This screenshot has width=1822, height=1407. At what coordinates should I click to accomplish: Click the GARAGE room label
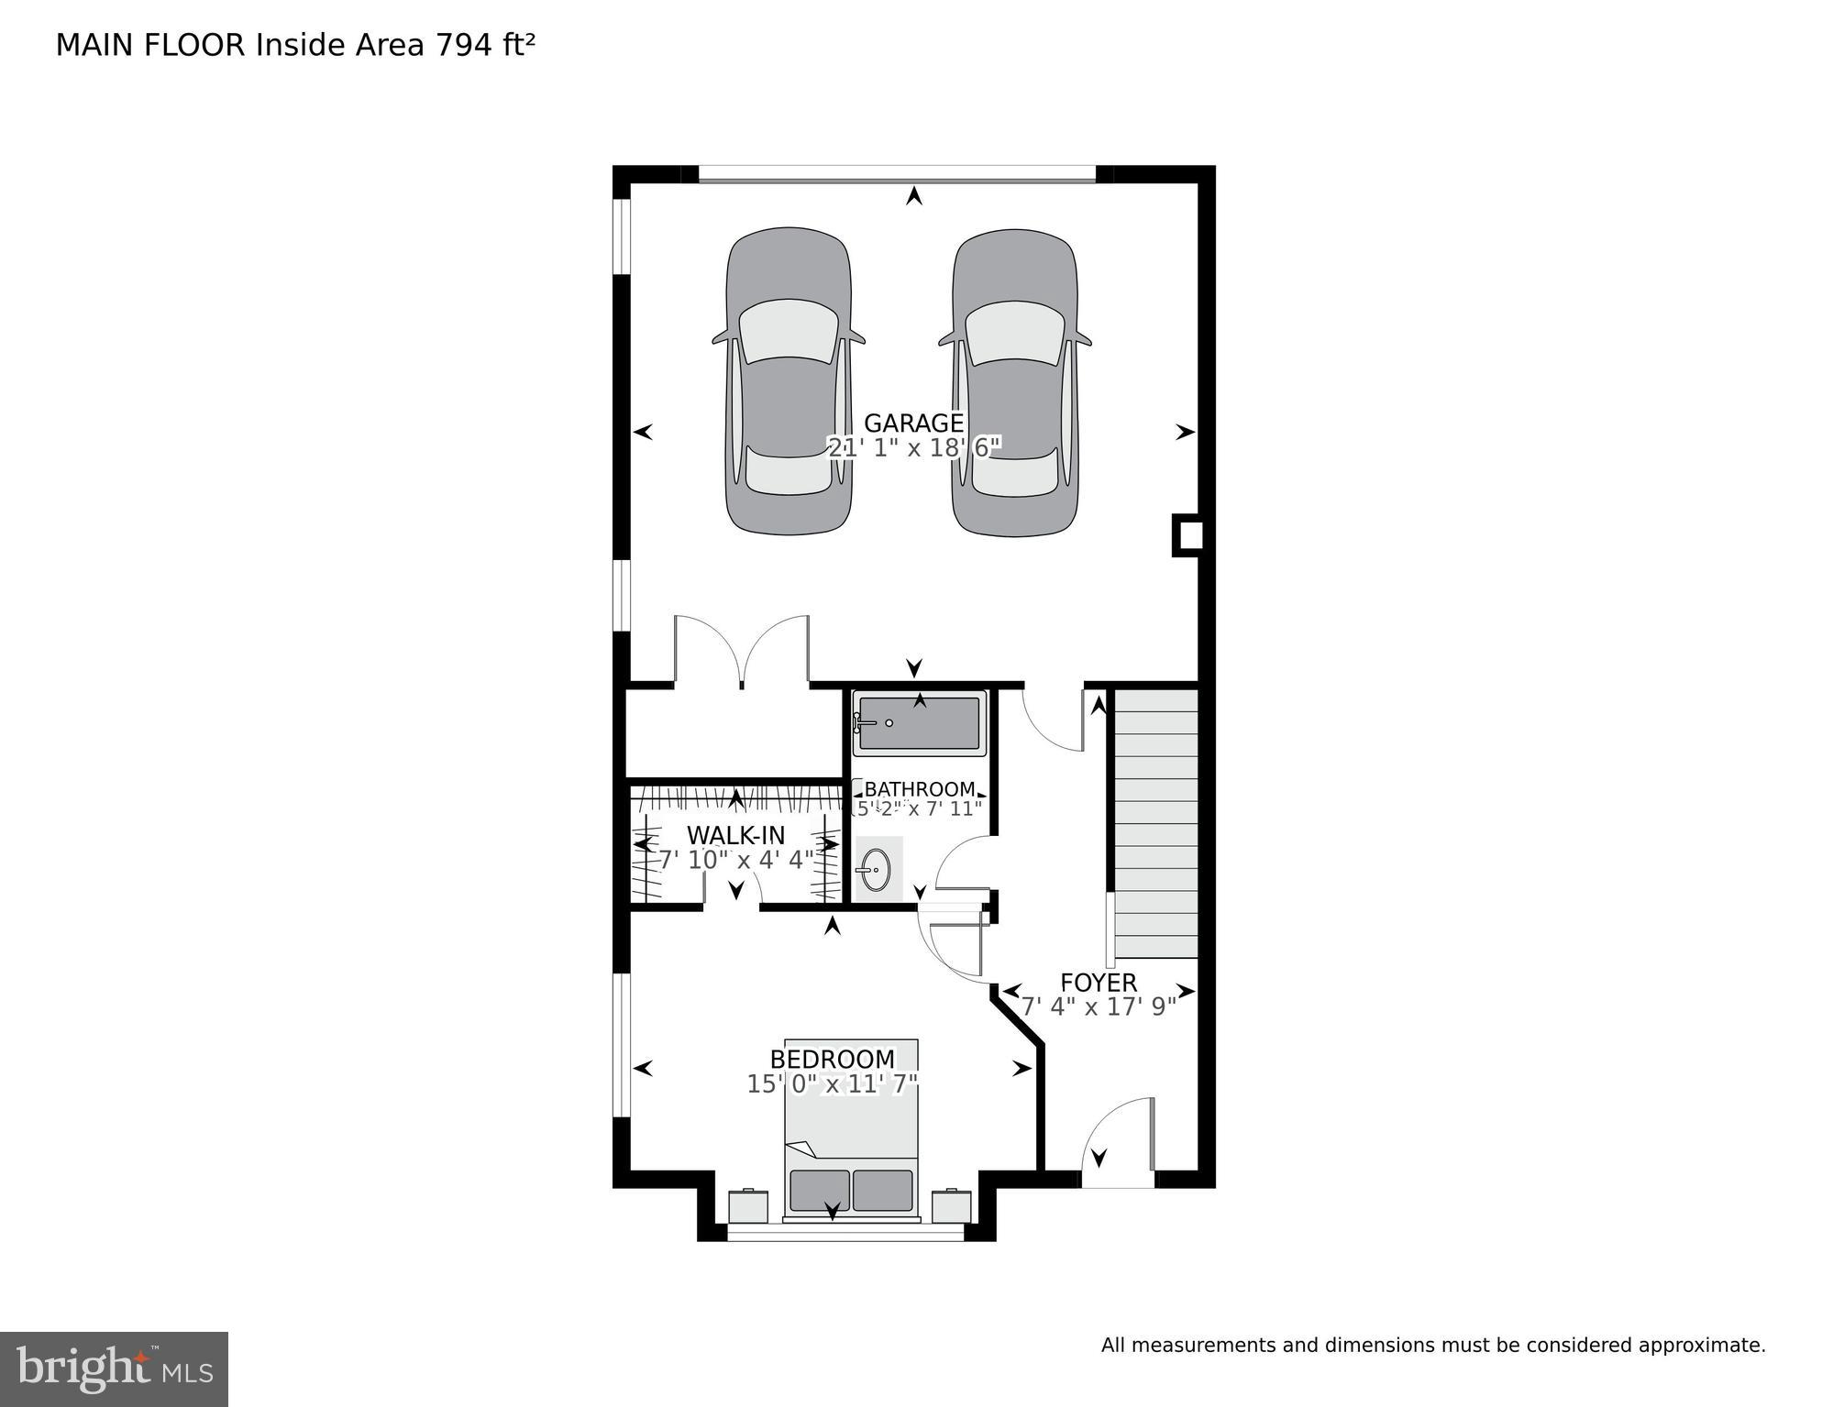click(x=913, y=423)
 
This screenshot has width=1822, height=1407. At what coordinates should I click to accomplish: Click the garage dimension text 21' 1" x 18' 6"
click(x=913, y=447)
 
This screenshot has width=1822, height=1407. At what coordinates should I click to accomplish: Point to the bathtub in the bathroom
click(x=919, y=723)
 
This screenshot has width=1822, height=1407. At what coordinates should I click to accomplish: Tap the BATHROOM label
click(x=919, y=789)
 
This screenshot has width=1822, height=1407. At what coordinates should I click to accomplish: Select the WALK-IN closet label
click(x=735, y=835)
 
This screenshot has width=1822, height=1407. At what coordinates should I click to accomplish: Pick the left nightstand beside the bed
click(x=748, y=1206)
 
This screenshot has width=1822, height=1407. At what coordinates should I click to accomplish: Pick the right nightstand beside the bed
click(x=951, y=1206)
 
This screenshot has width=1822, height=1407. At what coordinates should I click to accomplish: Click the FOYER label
click(x=1098, y=983)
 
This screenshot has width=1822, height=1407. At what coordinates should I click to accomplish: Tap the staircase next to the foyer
click(x=1155, y=823)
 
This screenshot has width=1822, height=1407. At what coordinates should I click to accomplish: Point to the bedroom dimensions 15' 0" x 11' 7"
click(x=832, y=1083)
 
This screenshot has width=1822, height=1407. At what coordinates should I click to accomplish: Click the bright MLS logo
click(x=114, y=1369)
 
